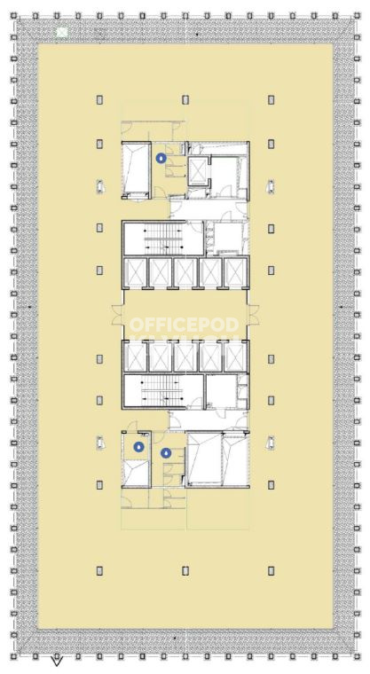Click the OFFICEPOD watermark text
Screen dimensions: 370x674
[x=185, y=325]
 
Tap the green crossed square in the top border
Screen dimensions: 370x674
[x=62, y=31]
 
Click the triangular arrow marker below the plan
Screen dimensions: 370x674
[x=57, y=660]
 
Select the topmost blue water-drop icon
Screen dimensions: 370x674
[x=161, y=158]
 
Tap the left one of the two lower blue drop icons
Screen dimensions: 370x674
[x=138, y=447]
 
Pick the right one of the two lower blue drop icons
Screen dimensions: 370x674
[x=166, y=452]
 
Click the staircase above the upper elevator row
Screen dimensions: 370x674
[x=163, y=239]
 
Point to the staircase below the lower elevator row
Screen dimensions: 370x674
[x=163, y=392]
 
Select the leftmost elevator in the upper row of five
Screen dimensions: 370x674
[x=135, y=273]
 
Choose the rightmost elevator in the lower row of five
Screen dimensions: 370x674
[x=235, y=357]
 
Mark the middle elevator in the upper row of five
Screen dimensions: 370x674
[x=185, y=273]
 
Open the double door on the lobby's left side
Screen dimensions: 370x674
[x=118, y=315]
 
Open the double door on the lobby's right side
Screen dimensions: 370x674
[x=254, y=315]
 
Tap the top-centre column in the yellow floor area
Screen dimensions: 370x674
[x=185, y=99]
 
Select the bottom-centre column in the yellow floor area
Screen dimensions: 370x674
[x=185, y=571]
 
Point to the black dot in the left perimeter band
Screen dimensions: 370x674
[x=29, y=307]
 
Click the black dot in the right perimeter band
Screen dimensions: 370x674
[x=342, y=307]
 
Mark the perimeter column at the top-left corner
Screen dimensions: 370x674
[x=14, y=16]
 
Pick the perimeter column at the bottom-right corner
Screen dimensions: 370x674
[x=357, y=656]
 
